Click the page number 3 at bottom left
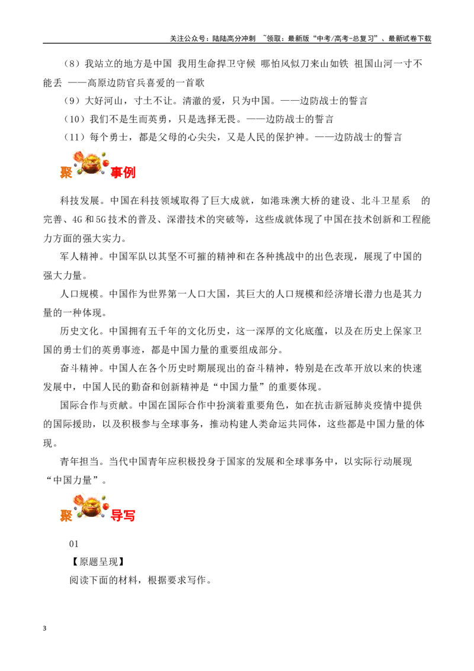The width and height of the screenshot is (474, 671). pyautogui.click(x=44, y=628)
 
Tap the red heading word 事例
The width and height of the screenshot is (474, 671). pyautogui.click(x=123, y=172)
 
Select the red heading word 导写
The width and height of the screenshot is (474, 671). pyautogui.click(x=123, y=515)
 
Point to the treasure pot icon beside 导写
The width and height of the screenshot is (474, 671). pyautogui.click(x=91, y=506)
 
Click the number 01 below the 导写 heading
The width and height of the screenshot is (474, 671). pyautogui.click(x=74, y=544)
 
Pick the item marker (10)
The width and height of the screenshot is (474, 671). pyautogui.click(x=75, y=119)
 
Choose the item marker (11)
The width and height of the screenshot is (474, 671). pyautogui.click(x=75, y=138)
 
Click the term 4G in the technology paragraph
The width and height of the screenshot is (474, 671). pyautogui.click(x=77, y=219)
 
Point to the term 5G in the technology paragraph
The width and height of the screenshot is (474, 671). pyautogui.click(x=101, y=219)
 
